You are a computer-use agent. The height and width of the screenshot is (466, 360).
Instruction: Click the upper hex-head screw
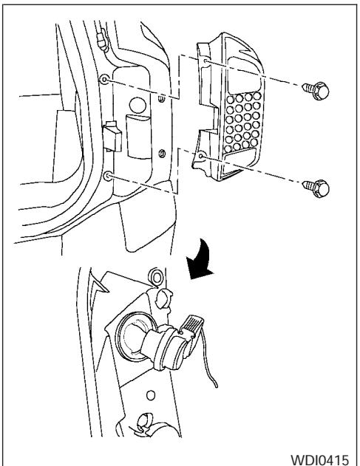(x=316, y=90)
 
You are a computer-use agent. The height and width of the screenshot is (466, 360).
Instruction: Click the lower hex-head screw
(x=316, y=188)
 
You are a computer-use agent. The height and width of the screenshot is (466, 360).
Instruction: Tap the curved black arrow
(x=200, y=259)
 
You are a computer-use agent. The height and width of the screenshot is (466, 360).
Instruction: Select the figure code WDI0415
(x=319, y=459)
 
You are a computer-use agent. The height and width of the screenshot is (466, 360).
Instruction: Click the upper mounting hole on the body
(x=104, y=79)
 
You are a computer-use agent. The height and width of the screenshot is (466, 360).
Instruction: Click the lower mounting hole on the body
(x=108, y=177)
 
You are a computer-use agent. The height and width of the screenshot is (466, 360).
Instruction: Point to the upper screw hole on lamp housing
(x=206, y=61)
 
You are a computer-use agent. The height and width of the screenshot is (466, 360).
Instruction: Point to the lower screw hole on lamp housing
(x=201, y=156)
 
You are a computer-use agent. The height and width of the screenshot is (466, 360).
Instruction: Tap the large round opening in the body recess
(x=137, y=106)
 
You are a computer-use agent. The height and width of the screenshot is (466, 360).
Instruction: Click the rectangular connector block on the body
(x=112, y=137)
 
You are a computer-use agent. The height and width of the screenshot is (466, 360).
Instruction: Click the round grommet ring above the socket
(x=156, y=277)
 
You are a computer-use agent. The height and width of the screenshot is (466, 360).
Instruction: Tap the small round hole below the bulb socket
(x=151, y=395)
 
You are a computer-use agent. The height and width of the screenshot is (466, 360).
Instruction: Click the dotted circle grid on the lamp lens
(x=242, y=121)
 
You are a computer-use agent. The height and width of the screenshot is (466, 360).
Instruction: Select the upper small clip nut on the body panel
(x=161, y=99)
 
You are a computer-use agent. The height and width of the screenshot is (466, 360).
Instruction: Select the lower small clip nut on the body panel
(x=162, y=154)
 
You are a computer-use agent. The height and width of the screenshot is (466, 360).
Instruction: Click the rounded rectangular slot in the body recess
(x=139, y=136)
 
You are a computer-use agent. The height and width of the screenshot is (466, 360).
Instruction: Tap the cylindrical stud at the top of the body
(x=101, y=38)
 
